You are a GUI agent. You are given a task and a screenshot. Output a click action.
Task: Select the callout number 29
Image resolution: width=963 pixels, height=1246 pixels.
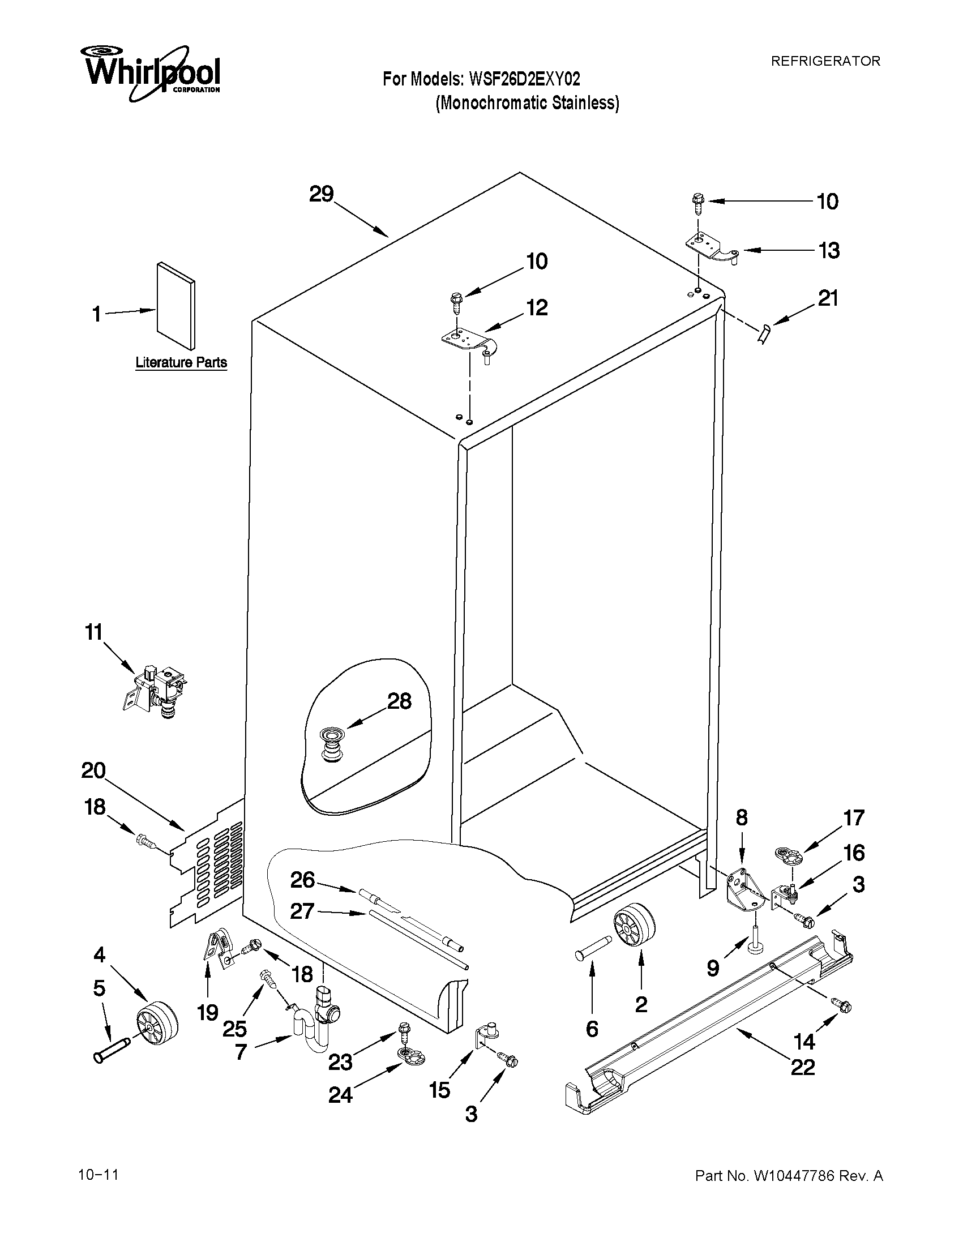click(x=321, y=195)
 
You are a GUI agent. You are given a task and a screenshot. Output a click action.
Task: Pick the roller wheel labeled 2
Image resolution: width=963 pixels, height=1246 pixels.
click(x=634, y=927)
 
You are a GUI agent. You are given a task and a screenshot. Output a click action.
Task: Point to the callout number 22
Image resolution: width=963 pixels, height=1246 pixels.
click(x=802, y=1067)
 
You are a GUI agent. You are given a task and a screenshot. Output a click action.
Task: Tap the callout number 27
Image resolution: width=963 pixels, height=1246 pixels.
click(x=302, y=911)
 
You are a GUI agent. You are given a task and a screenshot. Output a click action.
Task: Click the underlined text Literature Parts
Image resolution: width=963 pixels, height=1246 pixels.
click(x=181, y=362)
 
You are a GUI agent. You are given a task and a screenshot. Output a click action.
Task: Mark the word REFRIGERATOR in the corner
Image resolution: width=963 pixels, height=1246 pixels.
click(x=825, y=61)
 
